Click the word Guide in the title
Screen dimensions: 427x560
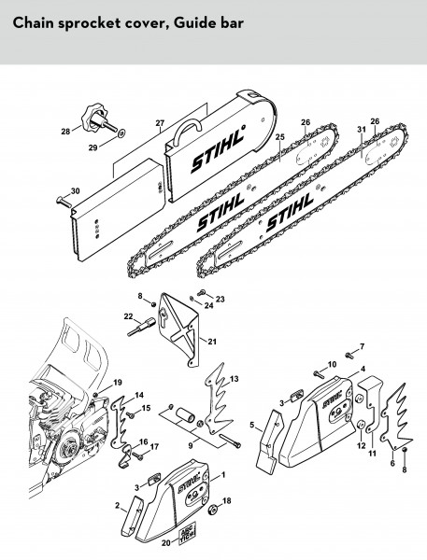click(192, 23)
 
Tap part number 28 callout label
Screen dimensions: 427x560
click(65, 132)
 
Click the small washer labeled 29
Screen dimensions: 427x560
click(121, 133)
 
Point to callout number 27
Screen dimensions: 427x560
click(160, 123)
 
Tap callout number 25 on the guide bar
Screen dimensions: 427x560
click(279, 137)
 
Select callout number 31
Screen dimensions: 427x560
click(362, 130)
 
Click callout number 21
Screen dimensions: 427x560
click(212, 342)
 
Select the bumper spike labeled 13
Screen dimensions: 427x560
click(219, 399)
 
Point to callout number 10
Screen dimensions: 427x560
click(333, 364)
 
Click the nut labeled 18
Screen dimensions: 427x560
click(212, 510)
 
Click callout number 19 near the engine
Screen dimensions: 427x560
click(118, 383)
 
